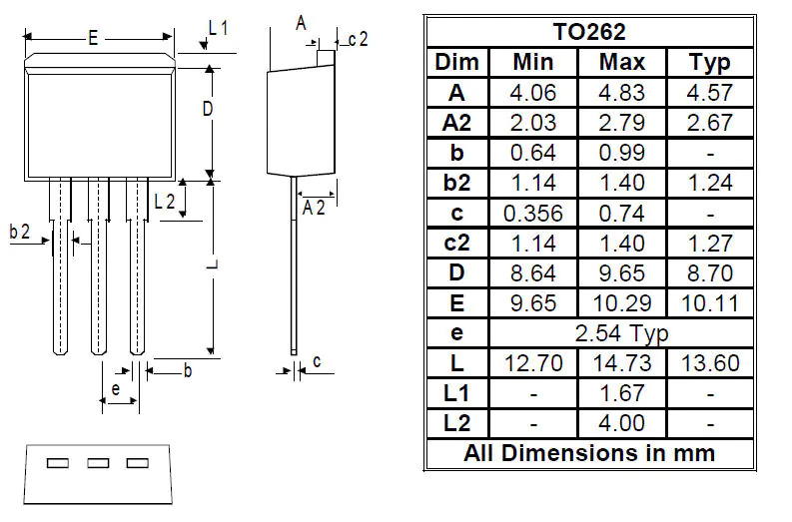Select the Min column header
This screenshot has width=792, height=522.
pyautogui.click(x=532, y=62)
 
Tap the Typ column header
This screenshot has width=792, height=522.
pyautogui.click(x=710, y=62)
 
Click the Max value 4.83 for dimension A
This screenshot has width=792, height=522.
pyautogui.click(x=621, y=92)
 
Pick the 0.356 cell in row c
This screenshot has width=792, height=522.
pyautogui.click(x=532, y=213)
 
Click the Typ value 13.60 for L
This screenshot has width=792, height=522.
pyautogui.click(x=710, y=362)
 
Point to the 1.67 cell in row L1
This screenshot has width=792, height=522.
pyautogui.click(x=621, y=392)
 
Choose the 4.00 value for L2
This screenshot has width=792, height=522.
pyautogui.click(x=621, y=422)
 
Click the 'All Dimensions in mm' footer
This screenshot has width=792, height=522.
pyautogui.click(x=589, y=452)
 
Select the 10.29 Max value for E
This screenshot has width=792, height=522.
pyautogui.click(x=621, y=302)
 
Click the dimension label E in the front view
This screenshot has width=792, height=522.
pyautogui.click(x=92, y=39)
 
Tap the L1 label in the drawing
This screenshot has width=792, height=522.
pyautogui.click(x=219, y=29)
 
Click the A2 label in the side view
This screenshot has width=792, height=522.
pyautogui.click(x=314, y=207)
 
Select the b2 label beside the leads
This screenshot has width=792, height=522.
pyautogui.click(x=20, y=232)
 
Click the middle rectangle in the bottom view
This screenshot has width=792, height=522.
pyautogui.click(x=98, y=463)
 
